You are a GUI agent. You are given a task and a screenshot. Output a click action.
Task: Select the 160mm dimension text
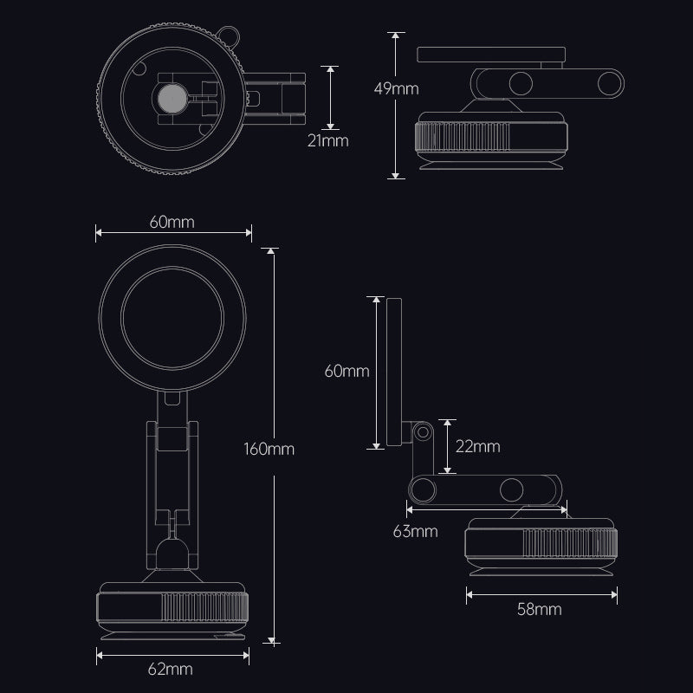270,449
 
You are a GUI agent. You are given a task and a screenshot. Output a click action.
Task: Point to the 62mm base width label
171,669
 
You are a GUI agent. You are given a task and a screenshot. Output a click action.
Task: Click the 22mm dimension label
476,446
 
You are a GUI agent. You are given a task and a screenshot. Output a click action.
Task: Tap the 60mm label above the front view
171,221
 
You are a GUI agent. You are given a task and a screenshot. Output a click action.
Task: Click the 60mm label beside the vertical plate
346,372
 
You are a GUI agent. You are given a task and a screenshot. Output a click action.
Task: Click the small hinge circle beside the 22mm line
424,431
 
